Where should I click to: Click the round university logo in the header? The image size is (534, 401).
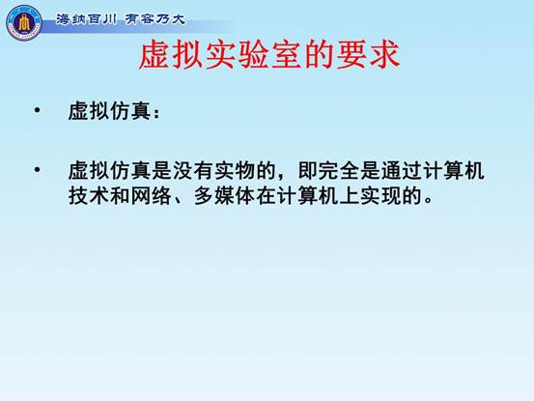coord(24,23)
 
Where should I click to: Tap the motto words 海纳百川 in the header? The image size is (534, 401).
coord(86,19)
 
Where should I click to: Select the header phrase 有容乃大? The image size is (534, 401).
coord(155,19)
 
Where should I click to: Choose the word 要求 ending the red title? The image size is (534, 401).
coord(368,55)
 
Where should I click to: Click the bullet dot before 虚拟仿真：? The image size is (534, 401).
coord(37,110)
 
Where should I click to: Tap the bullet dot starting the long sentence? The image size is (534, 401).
coord(37,169)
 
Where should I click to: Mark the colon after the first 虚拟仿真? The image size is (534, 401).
coord(156,112)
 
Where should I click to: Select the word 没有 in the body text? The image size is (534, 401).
coord(193,170)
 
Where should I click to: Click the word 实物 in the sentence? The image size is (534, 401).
coord(235,170)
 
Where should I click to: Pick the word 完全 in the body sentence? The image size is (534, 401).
coord(339,170)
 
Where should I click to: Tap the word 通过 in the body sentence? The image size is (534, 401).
coord(402,170)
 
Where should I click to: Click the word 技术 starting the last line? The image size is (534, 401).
coord(89,196)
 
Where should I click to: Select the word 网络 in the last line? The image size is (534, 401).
coord(152,196)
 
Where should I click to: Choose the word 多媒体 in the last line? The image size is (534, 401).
coord(225,196)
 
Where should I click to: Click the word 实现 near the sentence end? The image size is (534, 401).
coord(381,196)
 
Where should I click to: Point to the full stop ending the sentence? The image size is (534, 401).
coord(429,201)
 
